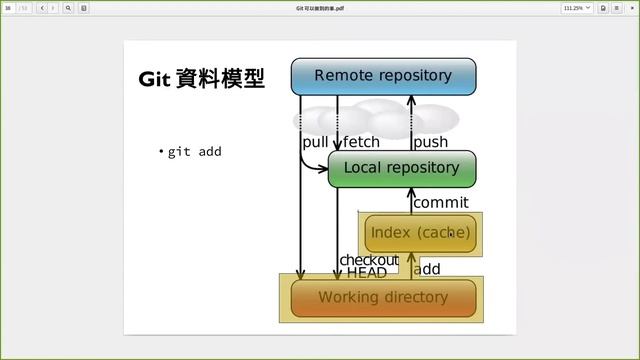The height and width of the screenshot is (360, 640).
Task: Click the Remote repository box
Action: [383, 76]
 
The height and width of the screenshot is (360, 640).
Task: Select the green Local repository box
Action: [401, 168]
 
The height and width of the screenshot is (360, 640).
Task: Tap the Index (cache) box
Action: [419, 233]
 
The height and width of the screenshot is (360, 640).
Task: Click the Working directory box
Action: [383, 297]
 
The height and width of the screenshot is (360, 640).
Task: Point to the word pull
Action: [315, 142]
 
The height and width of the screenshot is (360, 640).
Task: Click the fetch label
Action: [361, 142]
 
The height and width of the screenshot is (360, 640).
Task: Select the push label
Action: [430, 142]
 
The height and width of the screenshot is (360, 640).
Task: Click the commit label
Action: [440, 203]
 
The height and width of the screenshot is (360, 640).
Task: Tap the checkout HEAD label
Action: [368, 266]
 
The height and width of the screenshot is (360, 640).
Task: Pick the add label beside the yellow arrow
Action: [427, 269]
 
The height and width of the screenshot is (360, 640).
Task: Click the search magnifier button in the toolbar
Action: [68, 7]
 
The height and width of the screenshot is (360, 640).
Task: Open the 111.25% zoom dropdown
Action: [577, 7]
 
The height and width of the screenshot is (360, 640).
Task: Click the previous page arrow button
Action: [42, 7]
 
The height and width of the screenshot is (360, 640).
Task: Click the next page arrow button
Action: [53, 7]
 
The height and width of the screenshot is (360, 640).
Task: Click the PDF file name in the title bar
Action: [320, 7]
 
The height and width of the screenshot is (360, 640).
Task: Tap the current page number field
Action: [9, 7]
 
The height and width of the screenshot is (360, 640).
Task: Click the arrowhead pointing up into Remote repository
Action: [410, 98]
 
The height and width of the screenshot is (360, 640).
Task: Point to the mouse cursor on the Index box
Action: [450, 232]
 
